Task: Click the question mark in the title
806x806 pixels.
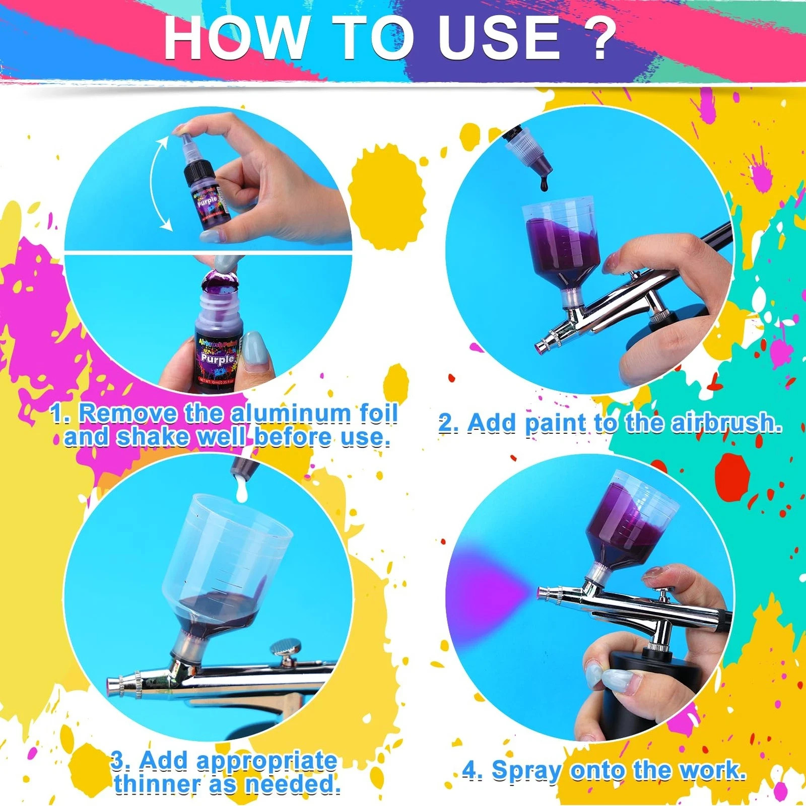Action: pos(599,38)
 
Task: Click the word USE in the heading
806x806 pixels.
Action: pos(499,38)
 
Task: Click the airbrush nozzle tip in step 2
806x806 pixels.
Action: pos(543,347)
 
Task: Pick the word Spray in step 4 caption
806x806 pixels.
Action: pos(526,771)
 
